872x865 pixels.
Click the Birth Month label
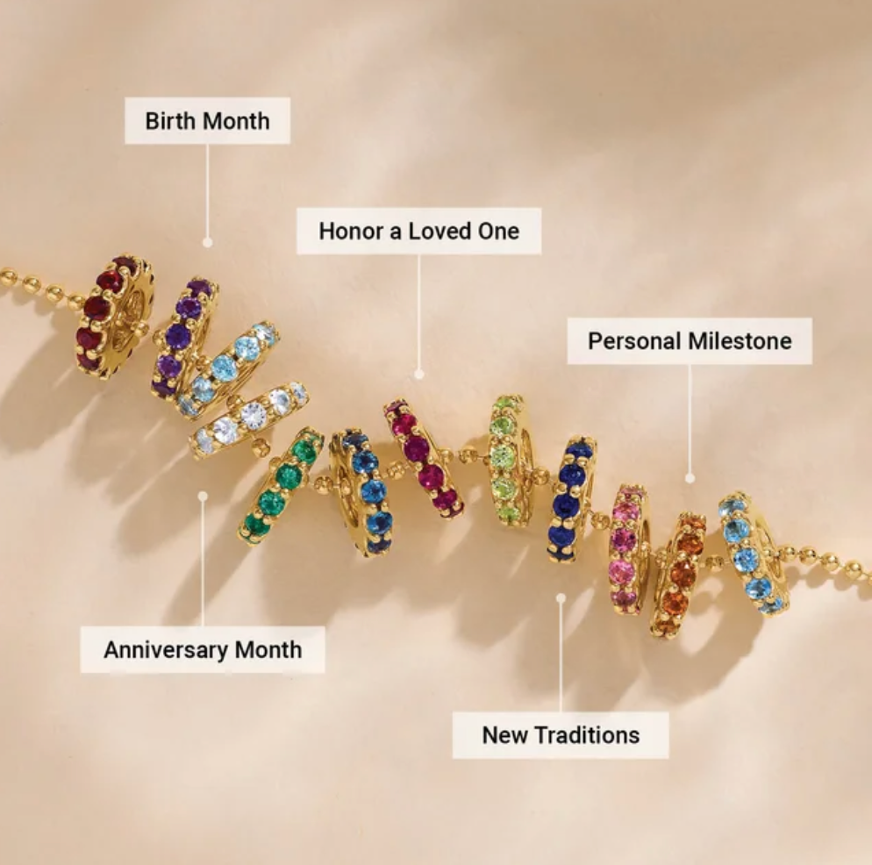[x=207, y=120]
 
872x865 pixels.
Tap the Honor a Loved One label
[x=418, y=231]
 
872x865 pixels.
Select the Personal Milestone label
[x=690, y=340]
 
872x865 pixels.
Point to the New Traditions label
[x=561, y=735]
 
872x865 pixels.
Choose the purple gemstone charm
[x=184, y=335]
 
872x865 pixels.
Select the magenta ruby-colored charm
[x=424, y=456]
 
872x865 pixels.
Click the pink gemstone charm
[x=628, y=547]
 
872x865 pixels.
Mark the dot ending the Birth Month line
[x=208, y=241]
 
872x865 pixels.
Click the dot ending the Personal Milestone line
[x=690, y=478]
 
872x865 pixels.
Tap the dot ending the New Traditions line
[x=561, y=598]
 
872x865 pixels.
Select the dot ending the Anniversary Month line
[x=203, y=496]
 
